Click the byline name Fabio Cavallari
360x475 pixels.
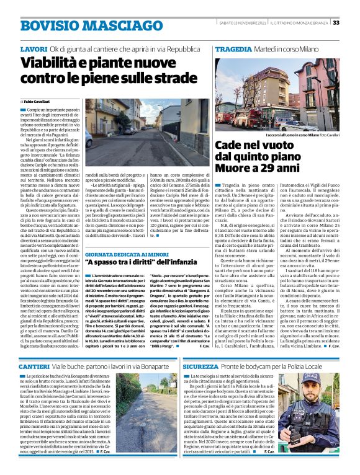(39, 101)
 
